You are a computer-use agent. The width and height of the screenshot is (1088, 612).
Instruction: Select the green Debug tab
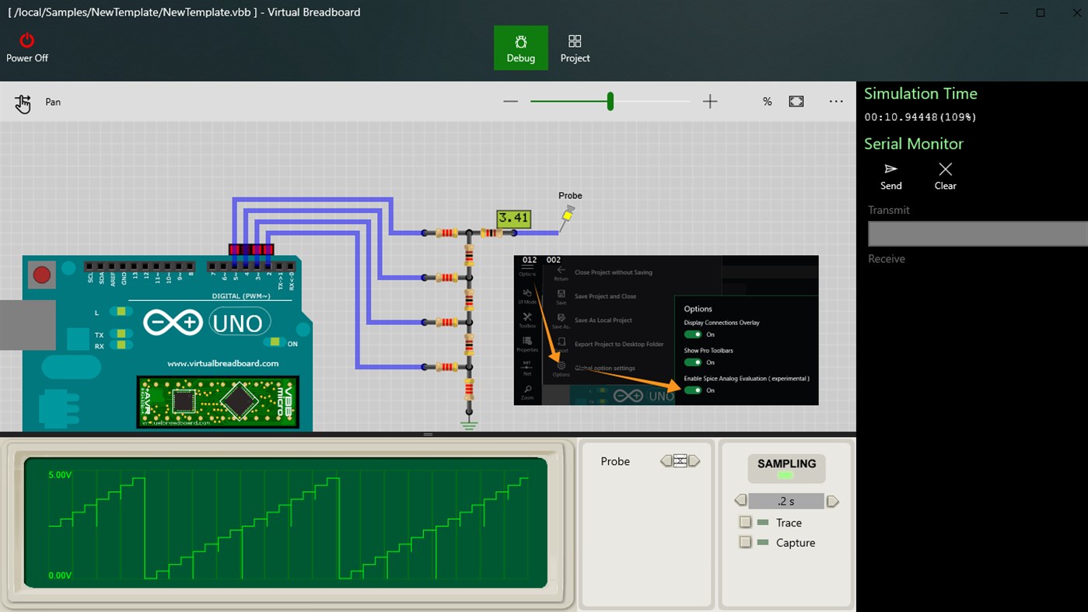[x=520, y=48]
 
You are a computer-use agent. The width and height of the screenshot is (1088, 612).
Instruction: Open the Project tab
[x=575, y=48]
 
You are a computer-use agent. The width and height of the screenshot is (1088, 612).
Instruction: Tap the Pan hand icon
[x=23, y=103]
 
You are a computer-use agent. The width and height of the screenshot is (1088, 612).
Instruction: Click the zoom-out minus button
[x=510, y=102]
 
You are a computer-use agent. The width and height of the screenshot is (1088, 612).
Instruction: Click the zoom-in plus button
[x=710, y=102]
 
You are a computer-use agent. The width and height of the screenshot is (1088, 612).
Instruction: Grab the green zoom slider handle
[x=610, y=101]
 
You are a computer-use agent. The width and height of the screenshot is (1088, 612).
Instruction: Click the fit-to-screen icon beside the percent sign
[x=796, y=102]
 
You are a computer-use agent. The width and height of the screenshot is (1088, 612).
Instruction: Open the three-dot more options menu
[x=836, y=102]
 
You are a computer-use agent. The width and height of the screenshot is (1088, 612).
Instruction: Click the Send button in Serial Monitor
[x=891, y=177]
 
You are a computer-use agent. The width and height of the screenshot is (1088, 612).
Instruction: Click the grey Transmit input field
[x=978, y=234]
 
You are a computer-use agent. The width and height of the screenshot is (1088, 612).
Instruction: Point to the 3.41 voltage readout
[x=514, y=218]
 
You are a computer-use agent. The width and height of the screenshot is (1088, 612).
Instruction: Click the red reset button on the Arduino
[x=41, y=275]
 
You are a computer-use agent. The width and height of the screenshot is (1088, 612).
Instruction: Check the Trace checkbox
[x=745, y=523]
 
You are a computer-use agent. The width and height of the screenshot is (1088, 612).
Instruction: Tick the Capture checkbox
[x=745, y=543]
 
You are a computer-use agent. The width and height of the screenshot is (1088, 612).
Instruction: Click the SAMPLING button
[x=786, y=467]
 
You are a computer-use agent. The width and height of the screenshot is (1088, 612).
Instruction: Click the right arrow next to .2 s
[x=833, y=502]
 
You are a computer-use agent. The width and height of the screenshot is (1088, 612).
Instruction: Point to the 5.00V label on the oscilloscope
[x=60, y=474]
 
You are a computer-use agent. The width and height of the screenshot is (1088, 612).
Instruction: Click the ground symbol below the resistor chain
[x=468, y=424]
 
